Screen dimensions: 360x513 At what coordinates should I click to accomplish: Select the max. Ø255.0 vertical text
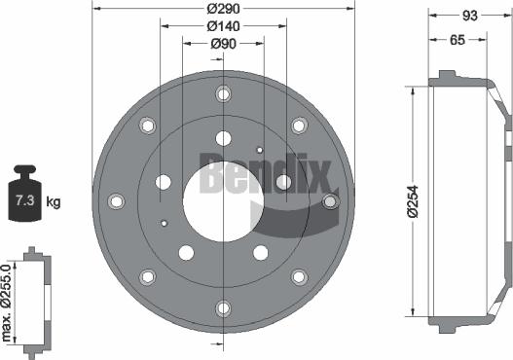tap(9, 302)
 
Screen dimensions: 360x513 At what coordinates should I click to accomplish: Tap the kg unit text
tap(54, 202)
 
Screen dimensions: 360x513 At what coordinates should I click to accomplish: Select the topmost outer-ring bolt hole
tap(223, 94)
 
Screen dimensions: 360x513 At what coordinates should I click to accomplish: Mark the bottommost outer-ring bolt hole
tap(223, 309)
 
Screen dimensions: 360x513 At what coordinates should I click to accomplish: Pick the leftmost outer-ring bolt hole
tap(117, 201)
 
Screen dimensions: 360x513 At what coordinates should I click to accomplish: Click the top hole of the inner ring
tap(223, 137)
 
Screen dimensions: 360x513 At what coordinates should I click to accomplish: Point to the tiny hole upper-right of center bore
tap(259, 150)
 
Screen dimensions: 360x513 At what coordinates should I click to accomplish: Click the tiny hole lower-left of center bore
tap(166, 224)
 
